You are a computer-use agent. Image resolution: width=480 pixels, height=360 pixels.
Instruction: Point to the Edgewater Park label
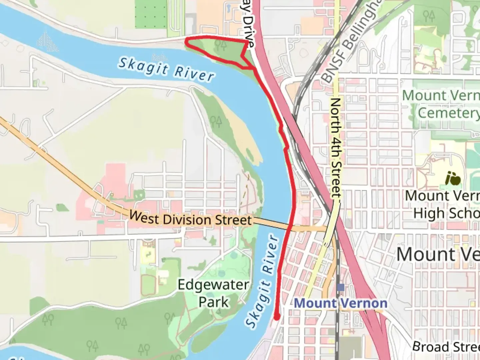coord(213,293)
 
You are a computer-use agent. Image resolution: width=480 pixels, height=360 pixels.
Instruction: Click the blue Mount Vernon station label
coord(341,303)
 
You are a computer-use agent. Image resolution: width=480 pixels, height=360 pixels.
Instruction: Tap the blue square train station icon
coord(340,287)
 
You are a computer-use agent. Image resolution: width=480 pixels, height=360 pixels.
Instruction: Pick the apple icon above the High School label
coord(453,179)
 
